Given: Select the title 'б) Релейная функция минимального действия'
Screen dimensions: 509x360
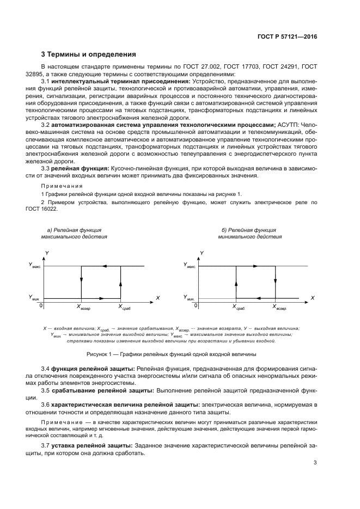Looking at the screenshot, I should coord(250,234).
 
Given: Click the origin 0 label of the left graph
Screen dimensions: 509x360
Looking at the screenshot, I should coord(41,305).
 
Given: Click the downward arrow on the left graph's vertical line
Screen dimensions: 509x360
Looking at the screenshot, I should coord(81,280).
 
